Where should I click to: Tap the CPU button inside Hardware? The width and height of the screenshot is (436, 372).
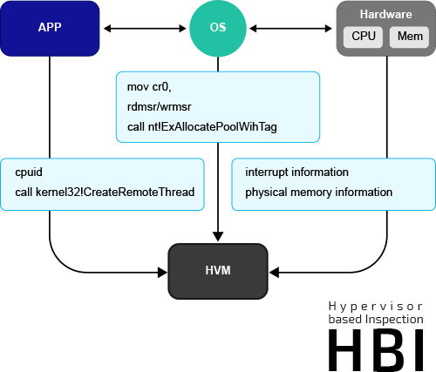(364, 37)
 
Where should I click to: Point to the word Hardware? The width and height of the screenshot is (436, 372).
(385, 14)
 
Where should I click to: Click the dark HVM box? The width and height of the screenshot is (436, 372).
(217, 271)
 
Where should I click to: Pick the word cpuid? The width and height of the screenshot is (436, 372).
(30, 172)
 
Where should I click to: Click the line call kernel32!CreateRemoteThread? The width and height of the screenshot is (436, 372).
(105, 192)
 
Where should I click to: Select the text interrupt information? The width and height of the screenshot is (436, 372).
(296, 172)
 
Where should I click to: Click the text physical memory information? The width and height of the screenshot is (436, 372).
(318, 192)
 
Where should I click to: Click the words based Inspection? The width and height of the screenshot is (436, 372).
(376, 321)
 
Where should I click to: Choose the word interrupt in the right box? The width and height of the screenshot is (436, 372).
(266, 172)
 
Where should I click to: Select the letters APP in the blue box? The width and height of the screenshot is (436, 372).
(50, 27)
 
